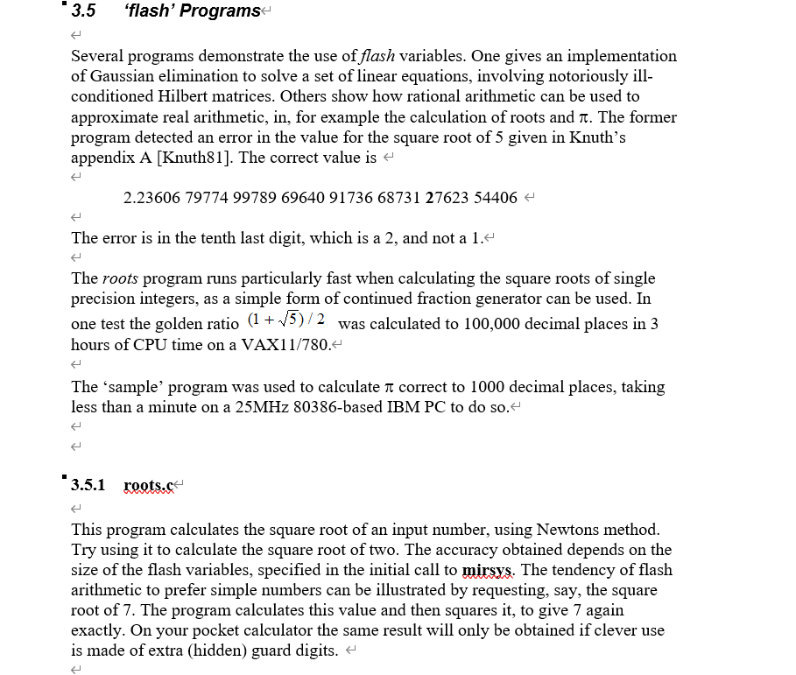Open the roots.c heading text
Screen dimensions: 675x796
[149, 485]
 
